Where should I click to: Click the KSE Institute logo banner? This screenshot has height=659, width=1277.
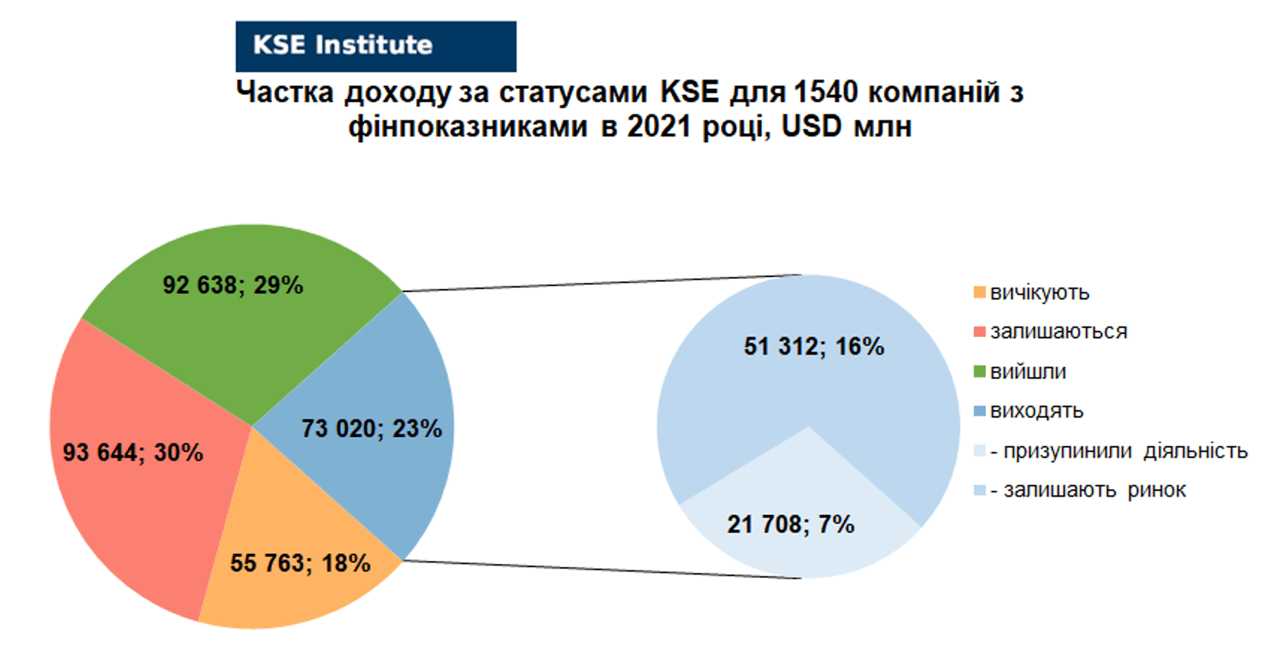376,46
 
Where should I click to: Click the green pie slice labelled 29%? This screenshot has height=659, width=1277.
239,320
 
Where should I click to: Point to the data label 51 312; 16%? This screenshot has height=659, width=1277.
814,346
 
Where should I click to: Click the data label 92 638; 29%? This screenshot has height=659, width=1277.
232,285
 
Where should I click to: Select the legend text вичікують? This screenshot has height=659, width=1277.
1040,293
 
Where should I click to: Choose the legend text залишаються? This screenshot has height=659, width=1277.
1059,332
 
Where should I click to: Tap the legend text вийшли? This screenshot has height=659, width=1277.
1028,372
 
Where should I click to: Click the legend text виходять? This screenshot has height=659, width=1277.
1036,411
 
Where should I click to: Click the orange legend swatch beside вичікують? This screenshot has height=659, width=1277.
980,293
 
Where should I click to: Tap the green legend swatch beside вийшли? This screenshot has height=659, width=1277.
980,372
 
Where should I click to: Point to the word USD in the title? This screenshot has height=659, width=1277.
811,126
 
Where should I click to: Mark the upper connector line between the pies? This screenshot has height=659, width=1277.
602,284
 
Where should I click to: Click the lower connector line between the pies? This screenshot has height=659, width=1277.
602,569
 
